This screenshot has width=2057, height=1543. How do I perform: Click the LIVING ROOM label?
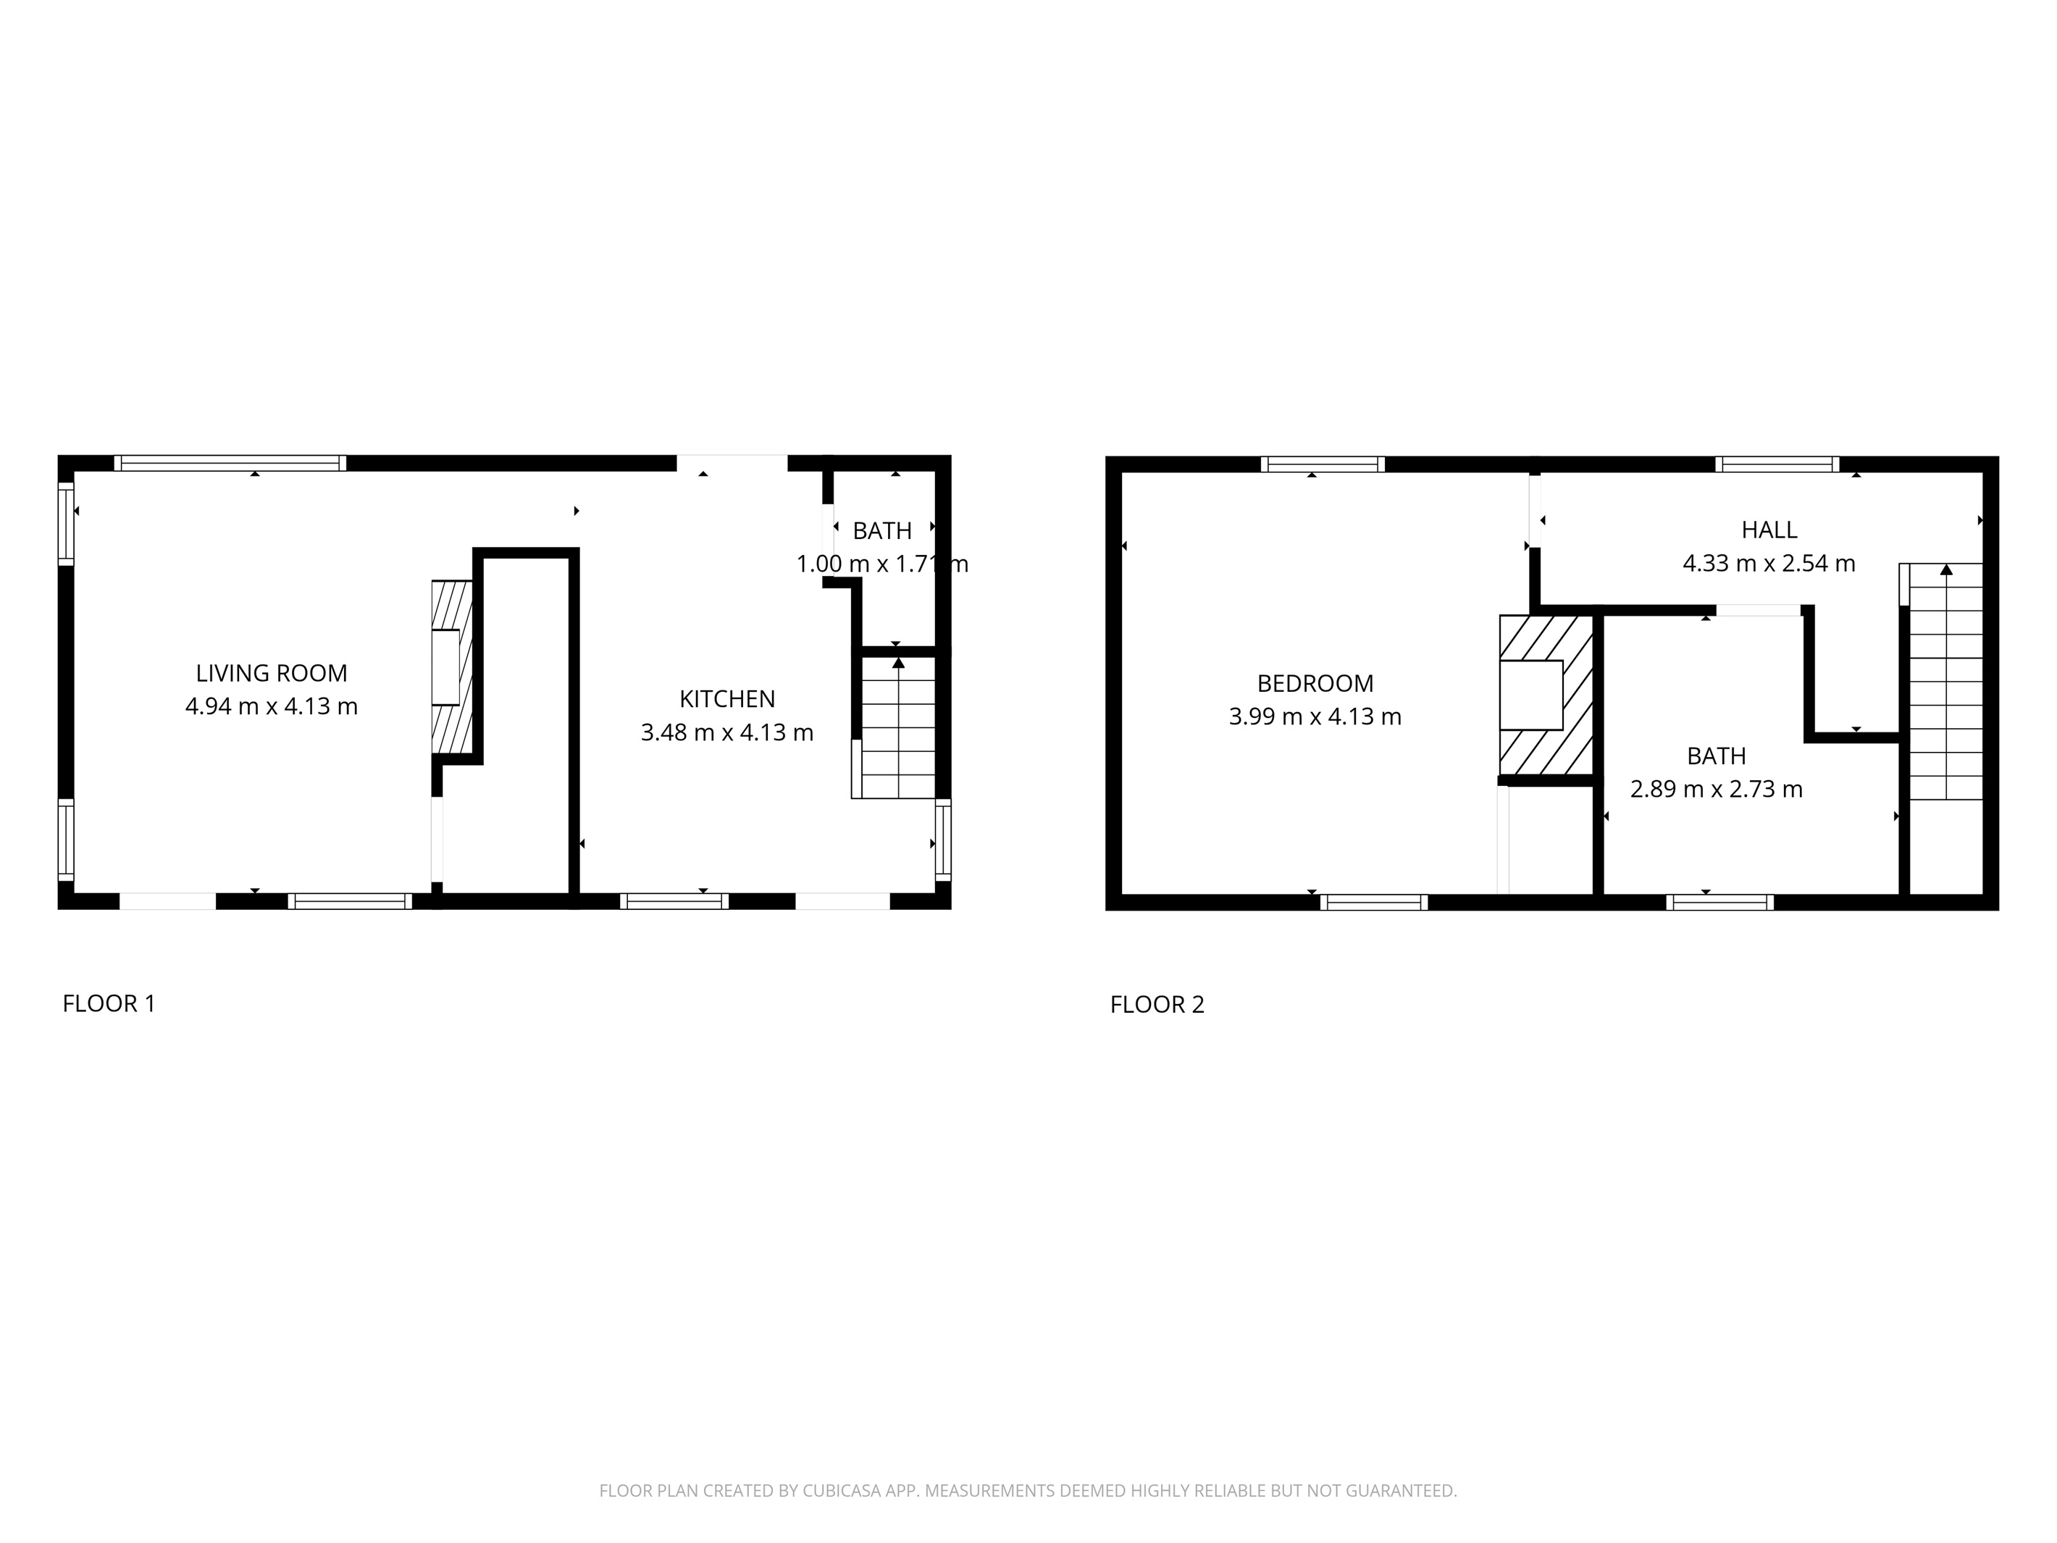[x=271, y=672]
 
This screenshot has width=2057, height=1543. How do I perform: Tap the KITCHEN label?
[x=726, y=698]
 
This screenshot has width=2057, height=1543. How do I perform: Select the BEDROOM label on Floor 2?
[x=1314, y=684]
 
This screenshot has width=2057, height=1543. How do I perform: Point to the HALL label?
[x=1769, y=530]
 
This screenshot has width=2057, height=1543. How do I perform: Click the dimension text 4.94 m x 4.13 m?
[x=271, y=706]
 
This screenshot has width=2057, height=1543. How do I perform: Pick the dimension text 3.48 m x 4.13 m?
[x=726, y=732]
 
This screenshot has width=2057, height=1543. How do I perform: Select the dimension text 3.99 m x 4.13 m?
[x=1314, y=716]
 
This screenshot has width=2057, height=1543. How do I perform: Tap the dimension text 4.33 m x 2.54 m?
[x=1769, y=564]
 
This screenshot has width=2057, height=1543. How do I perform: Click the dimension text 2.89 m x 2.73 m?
[x=1716, y=789]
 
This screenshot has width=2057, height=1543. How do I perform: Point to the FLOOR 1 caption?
[x=109, y=1003]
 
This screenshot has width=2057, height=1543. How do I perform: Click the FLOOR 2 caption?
[x=1157, y=1005]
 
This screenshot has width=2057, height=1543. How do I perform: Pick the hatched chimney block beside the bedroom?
[x=1545, y=695]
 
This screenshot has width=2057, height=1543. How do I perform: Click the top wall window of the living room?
[x=230, y=463]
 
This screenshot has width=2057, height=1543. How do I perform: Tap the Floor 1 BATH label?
[x=881, y=531]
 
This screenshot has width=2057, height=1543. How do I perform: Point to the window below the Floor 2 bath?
[x=1719, y=901]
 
